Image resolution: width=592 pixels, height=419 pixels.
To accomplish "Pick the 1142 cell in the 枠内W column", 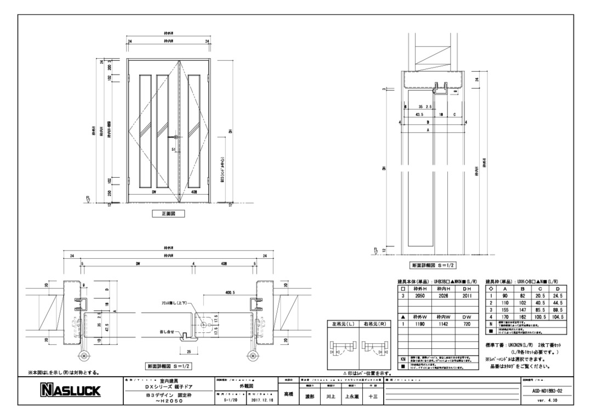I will point(444,324).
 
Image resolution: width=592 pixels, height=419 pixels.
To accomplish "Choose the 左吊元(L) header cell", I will point(343,324).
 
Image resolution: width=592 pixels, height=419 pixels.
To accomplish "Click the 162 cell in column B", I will point(522,317).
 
